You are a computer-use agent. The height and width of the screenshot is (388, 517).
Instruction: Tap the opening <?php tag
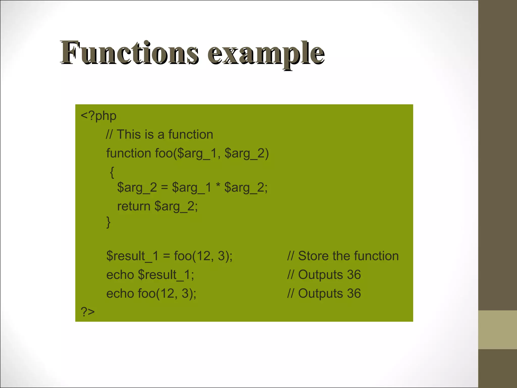(98, 116)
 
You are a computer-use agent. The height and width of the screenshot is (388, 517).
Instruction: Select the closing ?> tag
(88, 312)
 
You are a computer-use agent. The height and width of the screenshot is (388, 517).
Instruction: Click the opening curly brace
(112, 172)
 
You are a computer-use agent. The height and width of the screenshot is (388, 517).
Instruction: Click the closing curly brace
(108, 222)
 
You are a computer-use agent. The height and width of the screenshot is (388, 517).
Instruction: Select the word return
(134, 206)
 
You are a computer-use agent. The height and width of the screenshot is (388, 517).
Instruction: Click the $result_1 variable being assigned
(132, 256)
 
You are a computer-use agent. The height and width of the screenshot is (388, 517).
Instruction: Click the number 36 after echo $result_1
(354, 275)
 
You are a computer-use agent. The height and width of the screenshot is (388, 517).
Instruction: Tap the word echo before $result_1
(120, 275)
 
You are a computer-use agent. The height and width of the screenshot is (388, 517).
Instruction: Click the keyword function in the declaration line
(128, 153)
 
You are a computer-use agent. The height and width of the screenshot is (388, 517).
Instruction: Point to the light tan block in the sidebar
(497, 330)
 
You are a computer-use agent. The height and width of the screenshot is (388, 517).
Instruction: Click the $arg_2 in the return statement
(176, 207)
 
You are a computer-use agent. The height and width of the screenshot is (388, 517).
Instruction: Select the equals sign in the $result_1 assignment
(166, 256)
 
